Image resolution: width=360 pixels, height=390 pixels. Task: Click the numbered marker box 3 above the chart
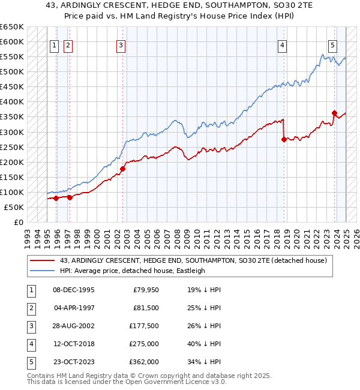121,44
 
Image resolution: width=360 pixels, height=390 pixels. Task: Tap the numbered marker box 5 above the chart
332,44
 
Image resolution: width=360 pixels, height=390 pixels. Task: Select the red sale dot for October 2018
283,139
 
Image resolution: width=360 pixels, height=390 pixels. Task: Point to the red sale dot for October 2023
334,113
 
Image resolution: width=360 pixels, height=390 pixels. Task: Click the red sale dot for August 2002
122,169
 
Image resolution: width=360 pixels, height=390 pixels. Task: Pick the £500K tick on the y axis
11,72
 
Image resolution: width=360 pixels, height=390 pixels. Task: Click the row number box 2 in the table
31,308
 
